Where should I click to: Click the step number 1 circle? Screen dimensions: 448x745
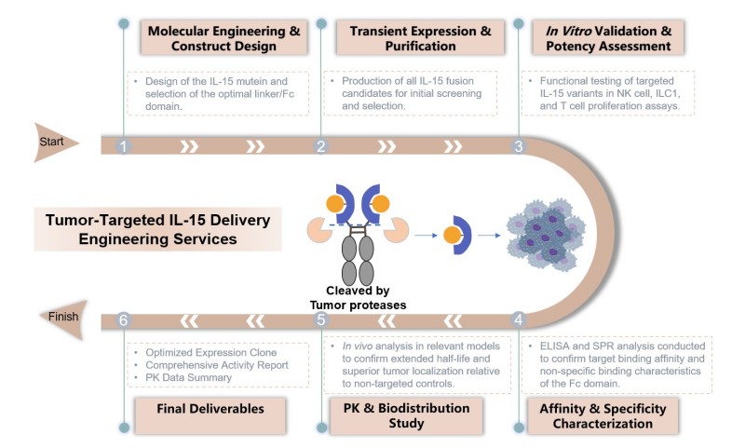click(123, 146)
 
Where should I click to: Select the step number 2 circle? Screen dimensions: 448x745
click(320, 146)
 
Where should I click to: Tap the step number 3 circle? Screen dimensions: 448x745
click(519, 146)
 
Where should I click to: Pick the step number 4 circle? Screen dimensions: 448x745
click(519, 320)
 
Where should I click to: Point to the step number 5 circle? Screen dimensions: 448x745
click(320, 320)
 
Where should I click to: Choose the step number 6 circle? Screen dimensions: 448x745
click(123, 320)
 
